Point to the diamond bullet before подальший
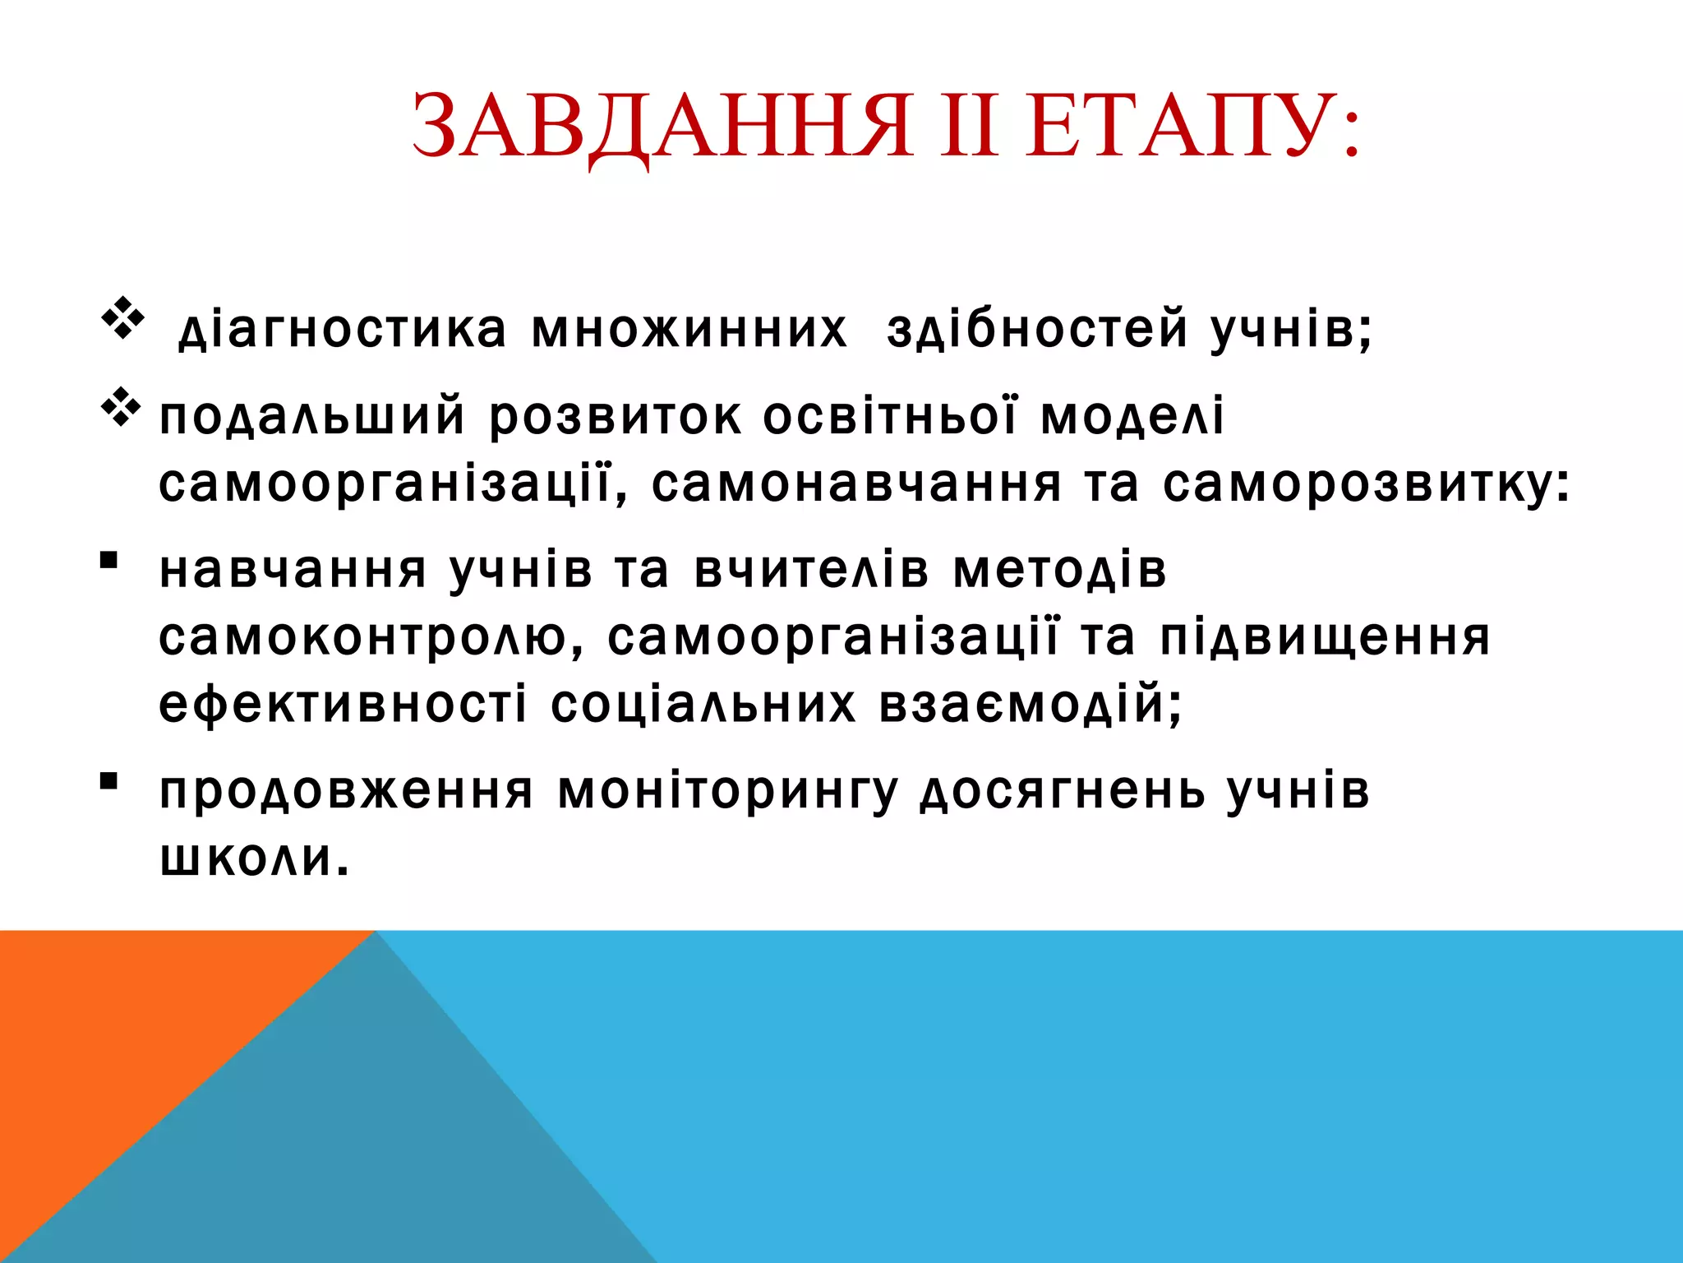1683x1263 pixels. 122,407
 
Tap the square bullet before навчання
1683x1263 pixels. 108,561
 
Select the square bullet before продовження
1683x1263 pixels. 108,780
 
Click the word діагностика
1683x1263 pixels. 343,329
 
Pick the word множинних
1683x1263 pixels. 689,329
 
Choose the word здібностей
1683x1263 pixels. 1037,329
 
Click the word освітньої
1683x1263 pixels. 890,416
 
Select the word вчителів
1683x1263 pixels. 812,570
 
